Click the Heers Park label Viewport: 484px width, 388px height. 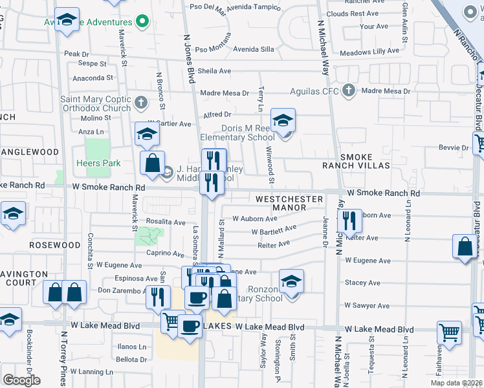(x=98, y=164)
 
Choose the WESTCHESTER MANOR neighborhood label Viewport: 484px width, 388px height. (x=289, y=203)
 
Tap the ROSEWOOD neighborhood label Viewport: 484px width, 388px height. (x=54, y=246)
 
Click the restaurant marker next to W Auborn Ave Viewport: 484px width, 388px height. (x=349, y=220)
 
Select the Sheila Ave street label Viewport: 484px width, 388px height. (x=214, y=71)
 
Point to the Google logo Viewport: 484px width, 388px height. (x=21, y=380)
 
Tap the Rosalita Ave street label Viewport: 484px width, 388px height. (x=166, y=222)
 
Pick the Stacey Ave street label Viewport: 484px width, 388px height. (x=362, y=283)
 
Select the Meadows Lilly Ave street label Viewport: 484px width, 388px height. (x=369, y=51)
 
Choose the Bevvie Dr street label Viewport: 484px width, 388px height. (x=456, y=148)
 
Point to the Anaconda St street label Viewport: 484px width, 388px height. (x=93, y=78)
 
